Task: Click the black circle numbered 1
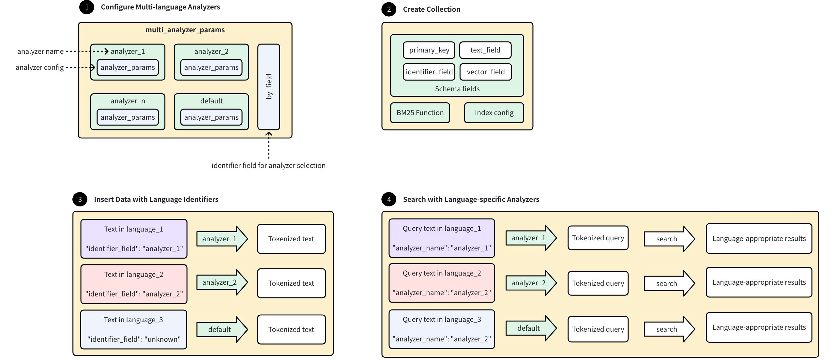[x=86, y=7]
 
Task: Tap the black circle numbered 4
[x=389, y=199]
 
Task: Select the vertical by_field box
[x=268, y=87]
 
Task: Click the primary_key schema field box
[x=429, y=50]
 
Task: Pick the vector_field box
[x=485, y=72]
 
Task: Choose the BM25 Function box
[x=420, y=113]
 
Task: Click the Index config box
[x=494, y=113]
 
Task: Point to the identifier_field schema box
[x=429, y=72]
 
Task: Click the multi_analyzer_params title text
[x=185, y=30]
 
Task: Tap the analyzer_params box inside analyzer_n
[x=128, y=117]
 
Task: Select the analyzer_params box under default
[x=211, y=117]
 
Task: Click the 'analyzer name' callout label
[x=40, y=51]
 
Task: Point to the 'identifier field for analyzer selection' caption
[x=268, y=165]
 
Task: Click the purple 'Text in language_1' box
[x=134, y=239]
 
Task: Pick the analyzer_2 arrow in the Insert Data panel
[x=221, y=282]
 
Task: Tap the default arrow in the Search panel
[x=530, y=328]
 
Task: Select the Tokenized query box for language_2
[x=598, y=283]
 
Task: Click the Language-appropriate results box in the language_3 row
[x=759, y=327]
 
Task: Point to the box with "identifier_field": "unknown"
[x=134, y=329]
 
